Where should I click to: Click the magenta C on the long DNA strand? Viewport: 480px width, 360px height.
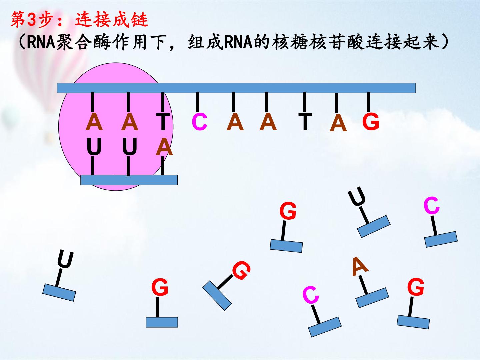(199, 122)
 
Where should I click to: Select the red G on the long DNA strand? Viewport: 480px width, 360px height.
(371, 122)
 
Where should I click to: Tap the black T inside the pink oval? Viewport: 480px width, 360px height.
(163, 122)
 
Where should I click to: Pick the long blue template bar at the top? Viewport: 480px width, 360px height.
(236, 88)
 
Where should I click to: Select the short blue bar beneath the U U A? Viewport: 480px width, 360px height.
(129, 180)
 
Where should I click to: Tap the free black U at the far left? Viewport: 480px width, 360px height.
(65, 259)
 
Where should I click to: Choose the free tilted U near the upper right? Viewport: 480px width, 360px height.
(357, 196)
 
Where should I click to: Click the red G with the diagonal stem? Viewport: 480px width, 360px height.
(241, 270)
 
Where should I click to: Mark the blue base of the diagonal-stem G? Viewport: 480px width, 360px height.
(217, 296)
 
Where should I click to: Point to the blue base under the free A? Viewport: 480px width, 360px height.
(372, 298)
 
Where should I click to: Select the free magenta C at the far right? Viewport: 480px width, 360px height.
(431, 205)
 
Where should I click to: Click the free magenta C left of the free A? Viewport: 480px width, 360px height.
(311, 295)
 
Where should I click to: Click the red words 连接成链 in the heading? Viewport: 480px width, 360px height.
(112, 19)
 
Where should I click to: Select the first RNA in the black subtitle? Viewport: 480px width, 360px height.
(41, 42)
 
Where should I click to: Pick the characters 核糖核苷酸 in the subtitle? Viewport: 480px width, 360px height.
(318, 42)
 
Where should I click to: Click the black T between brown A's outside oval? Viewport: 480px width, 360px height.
(305, 122)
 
